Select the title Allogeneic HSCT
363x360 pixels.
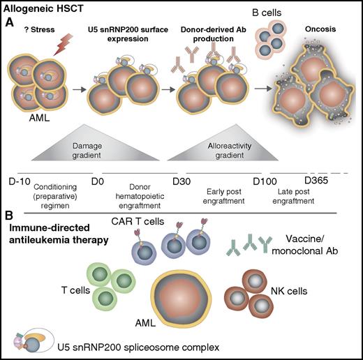[45, 8]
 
